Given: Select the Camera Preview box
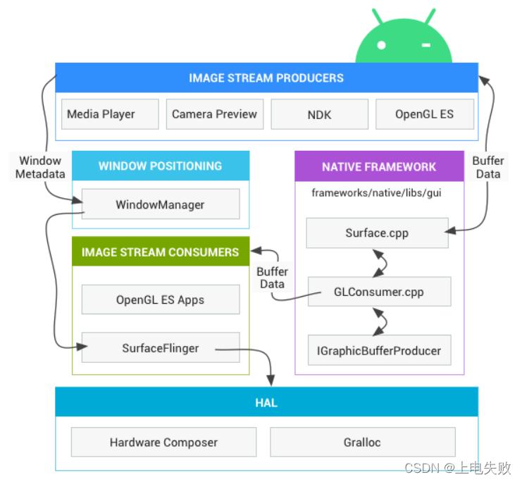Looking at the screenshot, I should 214,114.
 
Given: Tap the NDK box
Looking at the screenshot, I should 319,114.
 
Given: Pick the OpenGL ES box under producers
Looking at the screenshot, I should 424,114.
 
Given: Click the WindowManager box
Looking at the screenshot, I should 160,204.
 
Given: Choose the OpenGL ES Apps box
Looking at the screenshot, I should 160,299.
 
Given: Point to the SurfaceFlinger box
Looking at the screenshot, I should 160,348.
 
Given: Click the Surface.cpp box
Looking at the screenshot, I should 377,233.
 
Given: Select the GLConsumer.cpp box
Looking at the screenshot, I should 379,291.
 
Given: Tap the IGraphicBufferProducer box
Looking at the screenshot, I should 379,350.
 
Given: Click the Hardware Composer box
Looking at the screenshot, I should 163,443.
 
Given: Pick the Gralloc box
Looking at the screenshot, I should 362,443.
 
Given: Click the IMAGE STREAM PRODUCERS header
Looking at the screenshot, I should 266,78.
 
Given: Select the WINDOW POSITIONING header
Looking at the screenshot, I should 160,166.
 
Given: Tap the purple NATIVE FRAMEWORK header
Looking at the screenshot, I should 379,167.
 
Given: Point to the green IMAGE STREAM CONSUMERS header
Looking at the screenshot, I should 160,252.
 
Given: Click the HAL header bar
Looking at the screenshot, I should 266,403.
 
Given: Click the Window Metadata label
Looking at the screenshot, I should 40,167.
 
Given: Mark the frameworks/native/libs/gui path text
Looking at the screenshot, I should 376,192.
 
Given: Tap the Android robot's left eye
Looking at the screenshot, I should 381,45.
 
